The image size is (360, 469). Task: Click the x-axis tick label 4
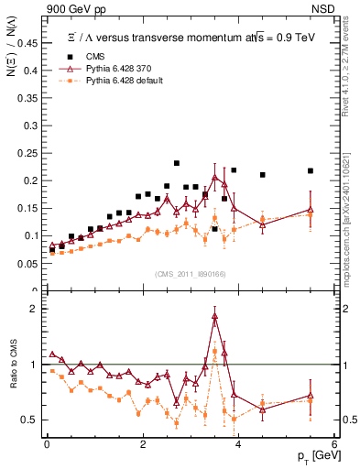(238, 444)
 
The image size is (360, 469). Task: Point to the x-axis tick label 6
(334, 444)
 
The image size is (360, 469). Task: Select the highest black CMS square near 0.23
(177, 164)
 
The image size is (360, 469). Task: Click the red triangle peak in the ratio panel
(215, 316)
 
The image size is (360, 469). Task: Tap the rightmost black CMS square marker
(311, 170)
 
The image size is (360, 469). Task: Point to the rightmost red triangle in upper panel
(311, 210)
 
